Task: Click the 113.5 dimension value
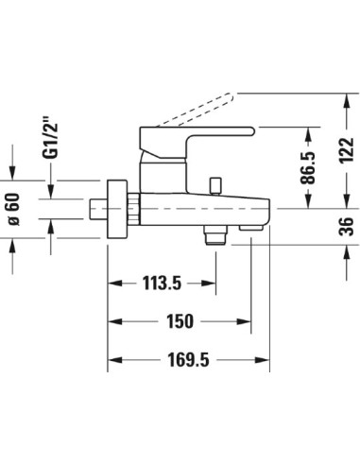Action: (x=163, y=283)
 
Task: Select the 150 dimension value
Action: (x=180, y=321)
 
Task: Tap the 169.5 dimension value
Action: (x=188, y=360)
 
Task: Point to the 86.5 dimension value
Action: (x=308, y=167)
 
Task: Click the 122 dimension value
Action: (x=346, y=150)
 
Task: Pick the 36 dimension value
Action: (x=346, y=226)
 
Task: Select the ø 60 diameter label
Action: (x=14, y=209)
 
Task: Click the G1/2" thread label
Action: (x=50, y=138)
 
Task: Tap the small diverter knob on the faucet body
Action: (x=215, y=186)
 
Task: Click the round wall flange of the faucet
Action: (x=117, y=209)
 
